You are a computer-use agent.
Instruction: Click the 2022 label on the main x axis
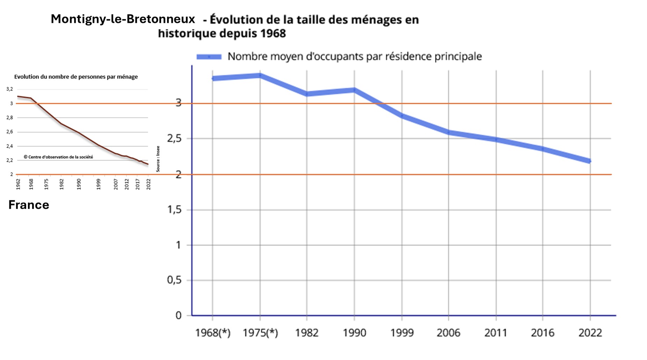(x=590, y=332)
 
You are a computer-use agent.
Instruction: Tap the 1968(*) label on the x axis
(x=212, y=332)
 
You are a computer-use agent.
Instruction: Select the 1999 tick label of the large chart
(x=402, y=332)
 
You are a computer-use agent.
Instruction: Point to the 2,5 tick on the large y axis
(x=174, y=138)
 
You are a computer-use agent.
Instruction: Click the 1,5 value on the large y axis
(x=174, y=210)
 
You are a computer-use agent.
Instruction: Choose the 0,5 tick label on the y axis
(x=174, y=280)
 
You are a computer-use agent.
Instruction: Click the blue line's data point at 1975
(x=260, y=75)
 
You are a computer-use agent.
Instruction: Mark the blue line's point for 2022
(x=590, y=161)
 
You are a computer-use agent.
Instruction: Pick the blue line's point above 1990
(x=354, y=90)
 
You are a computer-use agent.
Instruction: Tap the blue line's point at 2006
(x=449, y=132)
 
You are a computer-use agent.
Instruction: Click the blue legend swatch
(x=209, y=57)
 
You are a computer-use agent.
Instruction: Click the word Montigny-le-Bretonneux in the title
(x=123, y=19)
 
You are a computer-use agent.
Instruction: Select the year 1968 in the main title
(x=273, y=34)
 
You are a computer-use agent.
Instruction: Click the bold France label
(x=29, y=205)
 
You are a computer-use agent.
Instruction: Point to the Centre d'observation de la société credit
(x=58, y=157)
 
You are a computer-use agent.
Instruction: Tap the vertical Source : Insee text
(x=158, y=159)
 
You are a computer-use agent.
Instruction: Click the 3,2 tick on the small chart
(x=9, y=89)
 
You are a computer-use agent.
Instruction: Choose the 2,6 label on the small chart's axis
(x=9, y=132)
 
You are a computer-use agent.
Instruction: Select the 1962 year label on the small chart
(x=18, y=184)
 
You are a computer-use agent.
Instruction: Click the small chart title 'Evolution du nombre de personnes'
(x=76, y=77)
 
